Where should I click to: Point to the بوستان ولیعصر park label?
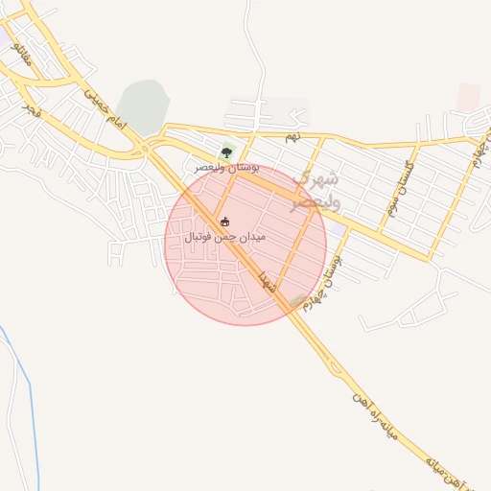point(227,167)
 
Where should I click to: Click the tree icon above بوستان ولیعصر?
point(227,151)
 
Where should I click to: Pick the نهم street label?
point(292,138)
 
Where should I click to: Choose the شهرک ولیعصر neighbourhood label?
point(316,189)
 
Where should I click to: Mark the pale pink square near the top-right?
point(468,97)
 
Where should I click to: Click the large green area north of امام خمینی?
point(144,105)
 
